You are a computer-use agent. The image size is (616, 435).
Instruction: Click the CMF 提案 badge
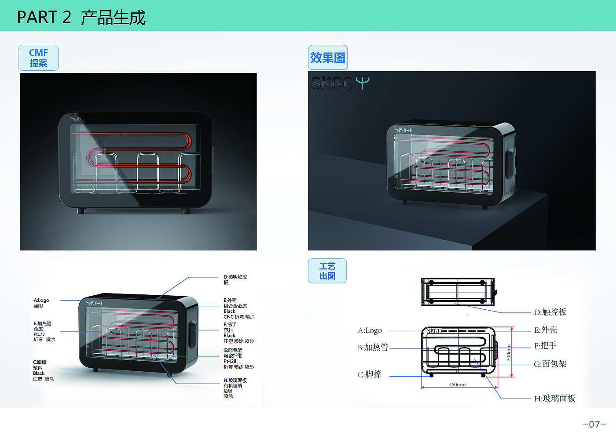(x=38, y=58)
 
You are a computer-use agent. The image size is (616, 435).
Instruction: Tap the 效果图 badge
(x=328, y=58)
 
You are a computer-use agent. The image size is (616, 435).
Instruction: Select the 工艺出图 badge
(x=327, y=271)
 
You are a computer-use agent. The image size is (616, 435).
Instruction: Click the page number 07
(x=594, y=424)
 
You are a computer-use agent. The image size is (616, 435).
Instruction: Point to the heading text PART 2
(x=44, y=17)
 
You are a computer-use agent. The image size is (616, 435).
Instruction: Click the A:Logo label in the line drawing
(x=370, y=330)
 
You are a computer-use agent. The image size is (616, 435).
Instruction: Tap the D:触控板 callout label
(x=550, y=312)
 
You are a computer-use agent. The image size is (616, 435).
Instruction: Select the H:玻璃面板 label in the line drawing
(x=554, y=399)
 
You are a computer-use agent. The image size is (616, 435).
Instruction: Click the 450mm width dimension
(x=457, y=384)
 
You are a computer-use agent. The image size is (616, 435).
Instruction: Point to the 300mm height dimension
(x=508, y=352)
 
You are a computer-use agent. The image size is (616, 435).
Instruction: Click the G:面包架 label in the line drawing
(x=550, y=364)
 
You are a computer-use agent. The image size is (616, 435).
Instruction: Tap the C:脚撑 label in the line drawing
(x=370, y=374)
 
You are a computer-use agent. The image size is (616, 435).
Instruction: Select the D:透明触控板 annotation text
(x=235, y=279)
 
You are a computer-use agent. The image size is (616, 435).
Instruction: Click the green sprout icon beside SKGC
(x=363, y=83)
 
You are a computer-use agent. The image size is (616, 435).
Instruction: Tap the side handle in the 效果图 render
(x=509, y=163)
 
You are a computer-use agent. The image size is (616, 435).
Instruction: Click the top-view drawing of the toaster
(x=458, y=291)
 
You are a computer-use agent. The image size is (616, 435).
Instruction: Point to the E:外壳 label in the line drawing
(x=545, y=330)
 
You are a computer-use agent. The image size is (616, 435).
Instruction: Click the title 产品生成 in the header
(x=113, y=17)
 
